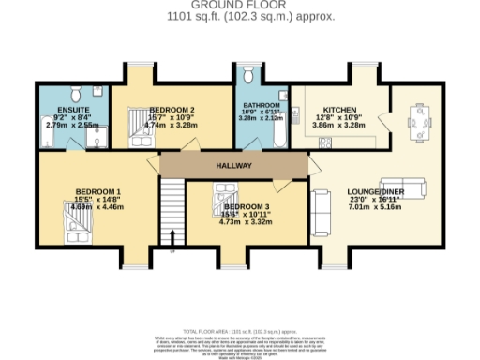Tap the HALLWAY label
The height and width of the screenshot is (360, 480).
233,165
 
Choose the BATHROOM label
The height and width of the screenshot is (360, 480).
261,105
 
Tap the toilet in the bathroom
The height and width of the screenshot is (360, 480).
247,75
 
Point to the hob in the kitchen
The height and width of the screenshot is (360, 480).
325,142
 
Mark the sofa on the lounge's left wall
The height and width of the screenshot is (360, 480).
320,212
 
